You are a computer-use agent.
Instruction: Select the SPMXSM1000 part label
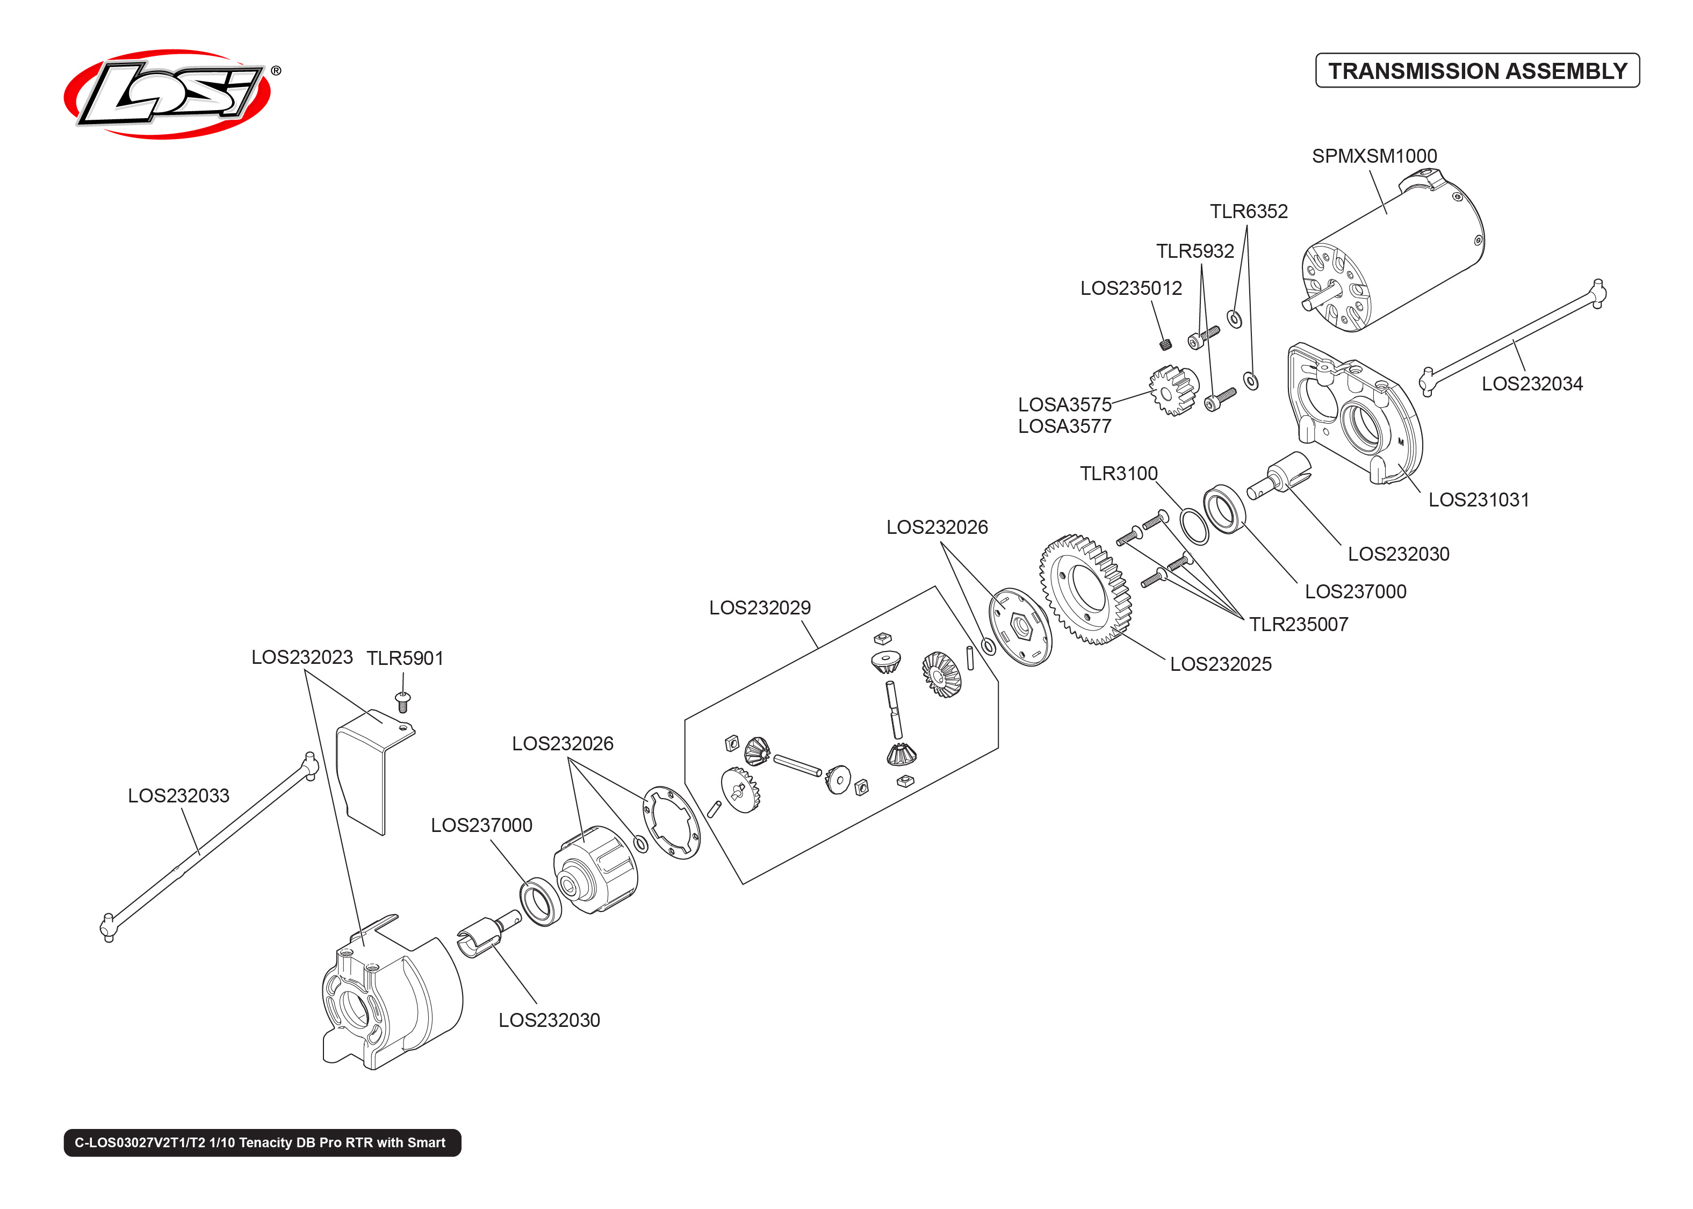[x=1374, y=156]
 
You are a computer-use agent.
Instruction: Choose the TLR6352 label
[x=1249, y=212]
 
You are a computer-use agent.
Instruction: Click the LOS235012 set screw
[x=1166, y=343]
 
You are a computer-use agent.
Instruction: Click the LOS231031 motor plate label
[x=1478, y=500]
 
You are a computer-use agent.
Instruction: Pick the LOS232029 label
[x=759, y=608]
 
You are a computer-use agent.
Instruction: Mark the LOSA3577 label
[x=1064, y=426]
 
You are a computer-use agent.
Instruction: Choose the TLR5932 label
[x=1194, y=251]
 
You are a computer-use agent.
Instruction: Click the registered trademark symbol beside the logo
[x=276, y=71]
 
